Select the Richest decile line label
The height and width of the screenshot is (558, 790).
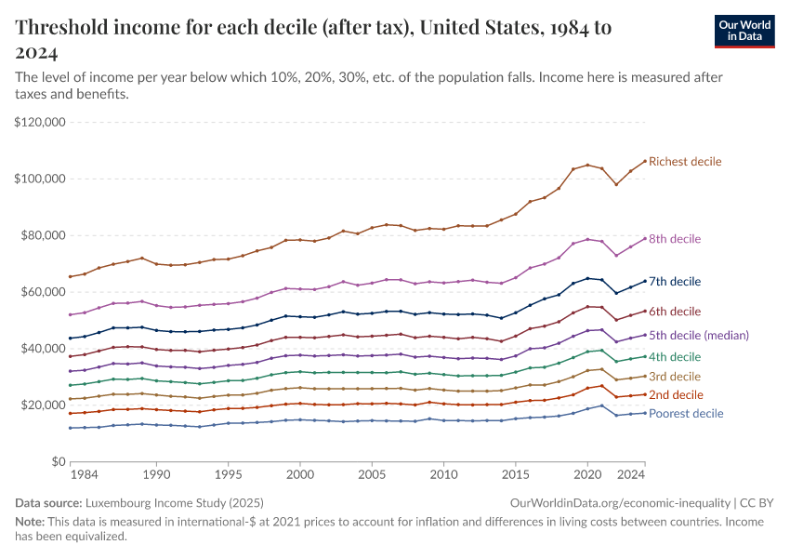(x=685, y=162)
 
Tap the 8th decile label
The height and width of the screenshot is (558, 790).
(x=675, y=239)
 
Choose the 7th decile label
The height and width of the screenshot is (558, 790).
(x=675, y=281)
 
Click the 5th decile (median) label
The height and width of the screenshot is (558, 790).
(x=698, y=335)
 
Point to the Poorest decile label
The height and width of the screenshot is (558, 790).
(x=686, y=413)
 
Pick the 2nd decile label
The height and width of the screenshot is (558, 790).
(x=675, y=395)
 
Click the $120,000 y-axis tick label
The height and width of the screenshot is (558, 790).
(x=39, y=122)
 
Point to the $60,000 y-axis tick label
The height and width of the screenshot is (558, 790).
(x=42, y=292)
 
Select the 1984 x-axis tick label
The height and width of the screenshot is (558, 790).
(x=84, y=474)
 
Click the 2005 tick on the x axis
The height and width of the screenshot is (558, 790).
(x=372, y=474)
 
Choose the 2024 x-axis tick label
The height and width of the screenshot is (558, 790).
(x=632, y=474)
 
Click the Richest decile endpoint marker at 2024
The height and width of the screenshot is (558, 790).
(x=645, y=161)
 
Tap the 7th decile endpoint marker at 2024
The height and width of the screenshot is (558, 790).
(x=645, y=281)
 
